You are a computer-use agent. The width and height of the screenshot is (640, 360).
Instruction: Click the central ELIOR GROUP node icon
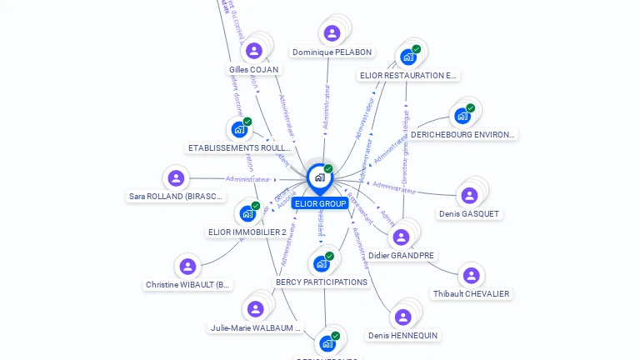click(319, 177)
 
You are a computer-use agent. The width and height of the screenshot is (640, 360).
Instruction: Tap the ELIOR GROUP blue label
click(320, 203)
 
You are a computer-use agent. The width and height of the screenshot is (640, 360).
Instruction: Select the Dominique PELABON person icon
click(332, 33)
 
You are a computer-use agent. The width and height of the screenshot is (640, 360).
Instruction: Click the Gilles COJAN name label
click(253, 70)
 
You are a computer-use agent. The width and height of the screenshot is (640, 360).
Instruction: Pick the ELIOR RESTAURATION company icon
click(408, 57)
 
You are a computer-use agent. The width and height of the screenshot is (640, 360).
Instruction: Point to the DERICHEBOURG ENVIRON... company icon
click(462, 116)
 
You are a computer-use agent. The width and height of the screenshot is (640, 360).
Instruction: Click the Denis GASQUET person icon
click(469, 196)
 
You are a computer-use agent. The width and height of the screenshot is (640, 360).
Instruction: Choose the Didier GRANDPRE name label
click(402, 256)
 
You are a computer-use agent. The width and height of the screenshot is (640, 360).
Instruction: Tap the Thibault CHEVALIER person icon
click(471, 276)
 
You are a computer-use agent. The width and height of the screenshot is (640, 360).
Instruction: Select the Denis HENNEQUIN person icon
click(402, 317)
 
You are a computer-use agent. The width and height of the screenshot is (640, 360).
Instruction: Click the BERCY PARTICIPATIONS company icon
click(322, 264)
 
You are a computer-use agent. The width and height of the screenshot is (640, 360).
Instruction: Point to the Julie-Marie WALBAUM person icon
click(255, 309)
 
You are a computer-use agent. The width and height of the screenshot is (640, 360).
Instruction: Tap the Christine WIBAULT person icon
click(187, 267)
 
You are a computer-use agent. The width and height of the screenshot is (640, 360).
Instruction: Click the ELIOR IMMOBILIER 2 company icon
click(247, 213)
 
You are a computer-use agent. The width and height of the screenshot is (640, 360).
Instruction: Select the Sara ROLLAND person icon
click(176, 178)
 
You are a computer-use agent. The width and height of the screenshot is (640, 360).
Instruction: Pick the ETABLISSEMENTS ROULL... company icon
click(239, 129)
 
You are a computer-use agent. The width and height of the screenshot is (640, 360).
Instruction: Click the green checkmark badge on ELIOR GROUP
click(328, 168)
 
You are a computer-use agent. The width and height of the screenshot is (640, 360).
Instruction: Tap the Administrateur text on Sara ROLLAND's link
click(248, 179)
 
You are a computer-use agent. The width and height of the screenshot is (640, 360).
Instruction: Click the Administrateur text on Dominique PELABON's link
click(327, 106)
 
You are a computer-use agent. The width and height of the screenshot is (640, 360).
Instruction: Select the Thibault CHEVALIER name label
click(471, 294)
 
